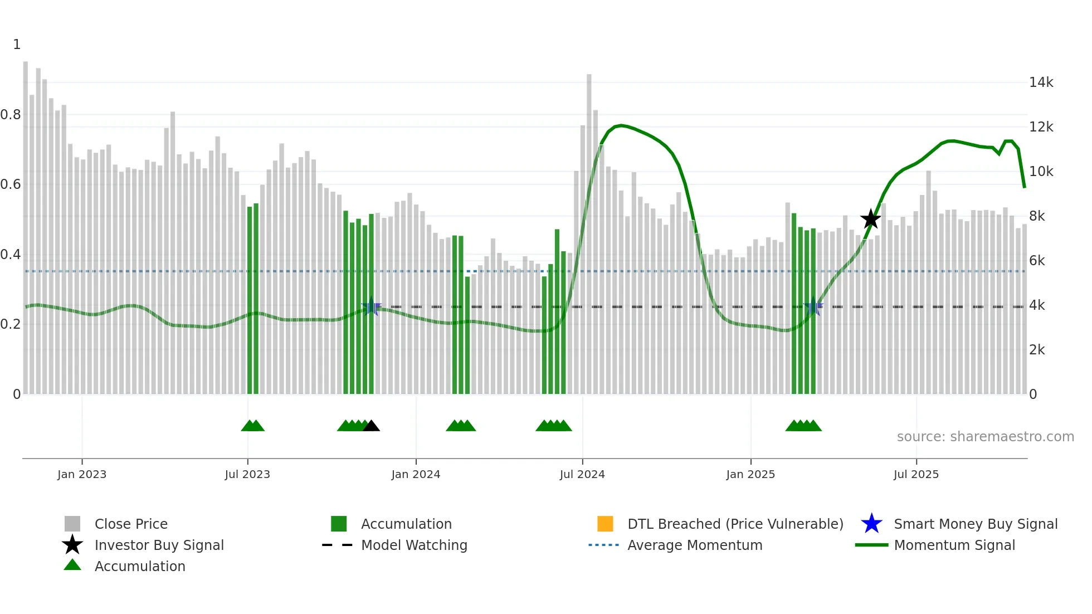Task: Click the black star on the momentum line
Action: pyautogui.click(x=870, y=219)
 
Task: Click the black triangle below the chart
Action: pyautogui.click(x=371, y=426)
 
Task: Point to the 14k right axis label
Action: pyautogui.click(x=1041, y=82)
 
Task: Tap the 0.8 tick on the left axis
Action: pyautogui.click(x=11, y=115)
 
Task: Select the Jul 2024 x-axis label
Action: pyautogui.click(x=582, y=474)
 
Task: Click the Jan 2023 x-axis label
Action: pyautogui.click(x=82, y=474)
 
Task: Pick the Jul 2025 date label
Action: pyautogui.click(x=916, y=474)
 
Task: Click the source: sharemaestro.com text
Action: pyautogui.click(x=985, y=437)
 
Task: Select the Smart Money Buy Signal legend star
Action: pyautogui.click(x=871, y=524)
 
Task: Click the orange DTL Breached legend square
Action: pyautogui.click(x=605, y=524)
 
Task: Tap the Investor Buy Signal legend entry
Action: pyautogui.click(x=159, y=545)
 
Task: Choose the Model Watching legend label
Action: pyautogui.click(x=414, y=545)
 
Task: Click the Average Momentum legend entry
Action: pyautogui.click(x=695, y=545)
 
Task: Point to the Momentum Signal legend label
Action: pyautogui.click(x=954, y=545)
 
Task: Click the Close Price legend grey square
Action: pyautogui.click(x=72, y=524)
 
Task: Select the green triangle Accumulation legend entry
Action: pyautogui.click(x=140, y=566)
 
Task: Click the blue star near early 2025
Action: pyautogui.click(x=813, y=306)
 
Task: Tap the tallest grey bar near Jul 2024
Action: pyautogui.click(x=589, y=234)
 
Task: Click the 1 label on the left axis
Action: pyautogui.click(x=17, y=45)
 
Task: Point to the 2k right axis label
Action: pyautogui.click(x=1037, y=350)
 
